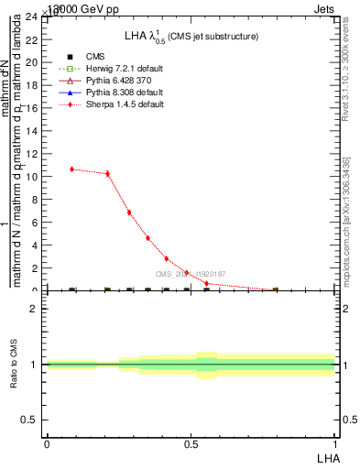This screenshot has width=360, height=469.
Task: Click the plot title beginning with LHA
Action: click(191, 36)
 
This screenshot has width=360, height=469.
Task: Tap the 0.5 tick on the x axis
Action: click(191, 443)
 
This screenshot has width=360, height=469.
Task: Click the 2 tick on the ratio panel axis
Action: click(35, 309)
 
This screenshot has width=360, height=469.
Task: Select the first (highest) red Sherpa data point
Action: click(72, 169)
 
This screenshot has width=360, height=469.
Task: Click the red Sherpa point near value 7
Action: click(129, 213)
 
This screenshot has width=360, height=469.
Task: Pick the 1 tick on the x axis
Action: click(334, 443)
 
